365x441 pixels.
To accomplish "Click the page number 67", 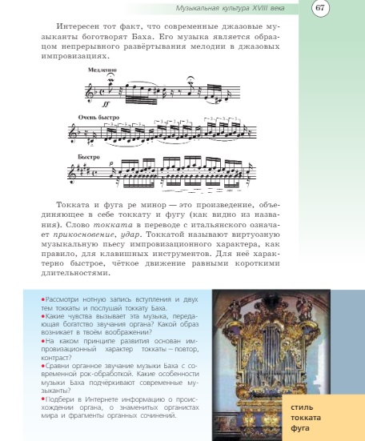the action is pyautogui.click(x=319, y=8).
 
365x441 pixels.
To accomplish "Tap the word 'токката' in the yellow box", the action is pyautogui.click(x=306, y=418).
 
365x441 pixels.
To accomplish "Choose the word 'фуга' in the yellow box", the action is pyautogui.click(x=300, y=427).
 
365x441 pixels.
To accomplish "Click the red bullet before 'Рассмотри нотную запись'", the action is pyautogui.click(x=42, y=298).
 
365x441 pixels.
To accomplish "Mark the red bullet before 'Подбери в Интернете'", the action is pyautogui.click(x=42, y=397).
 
